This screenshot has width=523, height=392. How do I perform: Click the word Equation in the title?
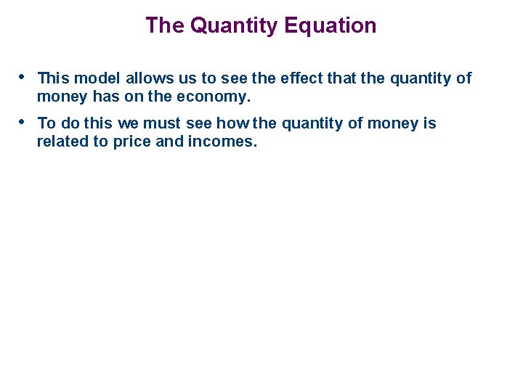331,26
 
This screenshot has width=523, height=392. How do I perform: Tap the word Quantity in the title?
234,26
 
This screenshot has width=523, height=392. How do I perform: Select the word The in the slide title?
165,26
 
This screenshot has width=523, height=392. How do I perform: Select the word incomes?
222,142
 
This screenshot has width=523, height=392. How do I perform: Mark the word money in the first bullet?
57,97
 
